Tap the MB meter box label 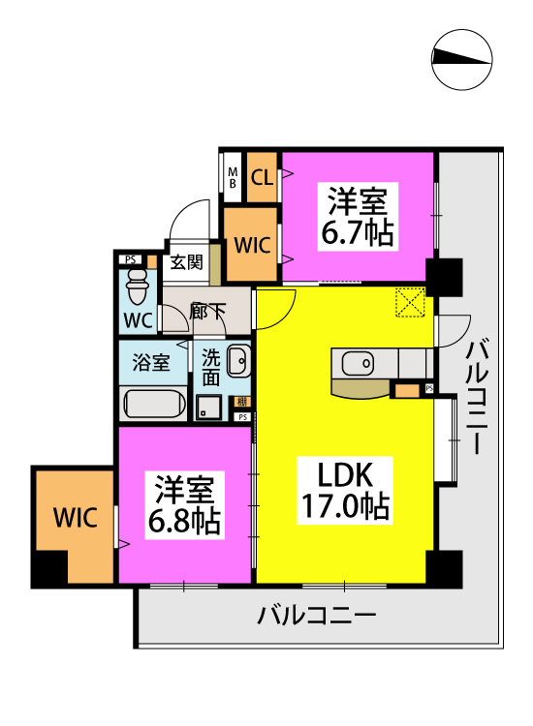[x=234, y=177]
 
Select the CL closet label [x=262, y=177]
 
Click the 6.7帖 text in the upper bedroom [x=359, y=233]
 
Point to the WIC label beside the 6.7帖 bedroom [x=252, y=244]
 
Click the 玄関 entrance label [x=187, y=261]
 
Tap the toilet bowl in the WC [x=137, y=285]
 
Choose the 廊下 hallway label [x=207, y=312]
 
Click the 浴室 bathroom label [x=151, y=363]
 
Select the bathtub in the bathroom [x=153, y=403]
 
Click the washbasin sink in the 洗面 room [x=238, y=363]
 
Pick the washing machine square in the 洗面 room [x=207, y=407]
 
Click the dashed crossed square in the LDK [x=410, y=302]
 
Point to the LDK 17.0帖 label [x=341, y=490]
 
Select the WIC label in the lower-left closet [x=75, y=517]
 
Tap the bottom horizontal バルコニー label [x=316, y=615]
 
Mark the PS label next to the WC [x=130, y=258]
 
